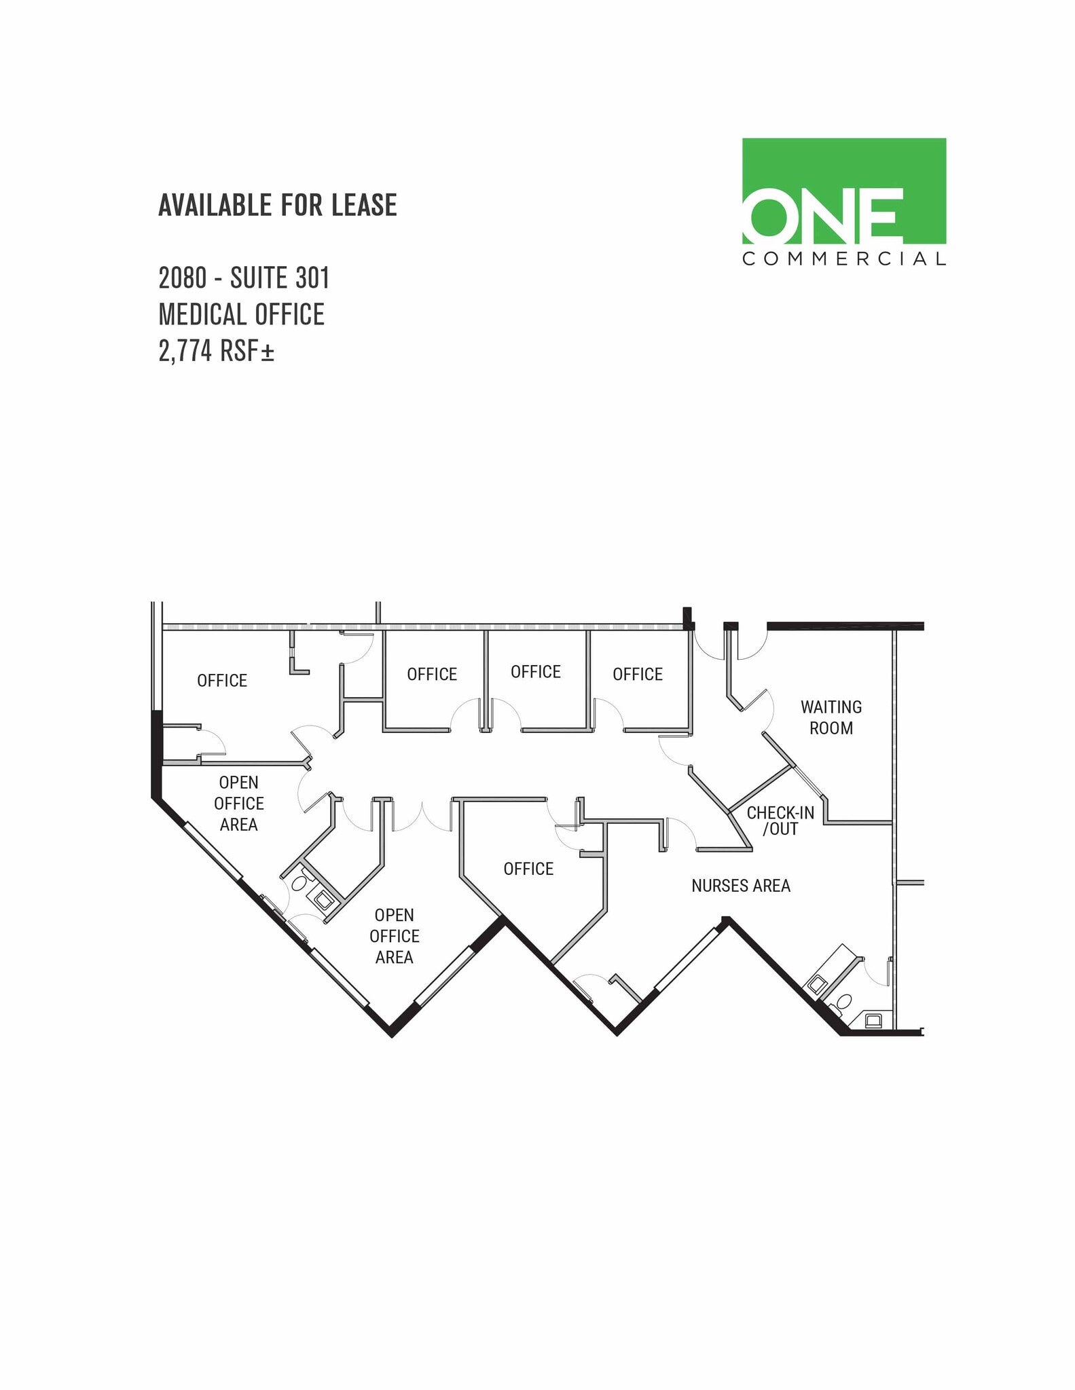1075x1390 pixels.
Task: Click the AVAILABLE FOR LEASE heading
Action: tap(277, 205)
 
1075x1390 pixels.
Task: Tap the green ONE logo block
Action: tap(843, 191)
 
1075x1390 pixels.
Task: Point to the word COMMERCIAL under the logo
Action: tap(843, 259)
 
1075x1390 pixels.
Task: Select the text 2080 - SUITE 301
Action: tap(244, 278)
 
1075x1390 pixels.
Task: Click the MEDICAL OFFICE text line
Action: tap(241, 314)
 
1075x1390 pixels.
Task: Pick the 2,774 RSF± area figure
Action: tap(216, 351)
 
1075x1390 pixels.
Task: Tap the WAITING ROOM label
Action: tap(831, 717)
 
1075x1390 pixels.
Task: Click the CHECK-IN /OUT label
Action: tap(780, 821)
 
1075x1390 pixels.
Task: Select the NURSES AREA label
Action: tap(740, 886)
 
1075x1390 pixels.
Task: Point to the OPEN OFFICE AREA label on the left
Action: tap(238, 804)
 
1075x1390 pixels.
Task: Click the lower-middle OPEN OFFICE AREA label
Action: tap(394, 936)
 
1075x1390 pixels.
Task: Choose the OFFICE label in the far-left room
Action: tap(222, 681)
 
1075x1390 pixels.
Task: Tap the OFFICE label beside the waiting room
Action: tap(637, 674)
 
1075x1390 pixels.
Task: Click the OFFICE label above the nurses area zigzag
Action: tap(528, 869)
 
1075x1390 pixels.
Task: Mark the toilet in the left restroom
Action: tap(299, 884)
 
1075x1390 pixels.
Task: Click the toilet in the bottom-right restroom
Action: tap(844, 1002)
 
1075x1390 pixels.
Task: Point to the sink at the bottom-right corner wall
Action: tap(873, 1019)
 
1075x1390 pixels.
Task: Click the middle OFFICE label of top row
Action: tap(535, 672)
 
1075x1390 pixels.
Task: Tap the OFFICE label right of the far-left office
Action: tap(432, 674)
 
